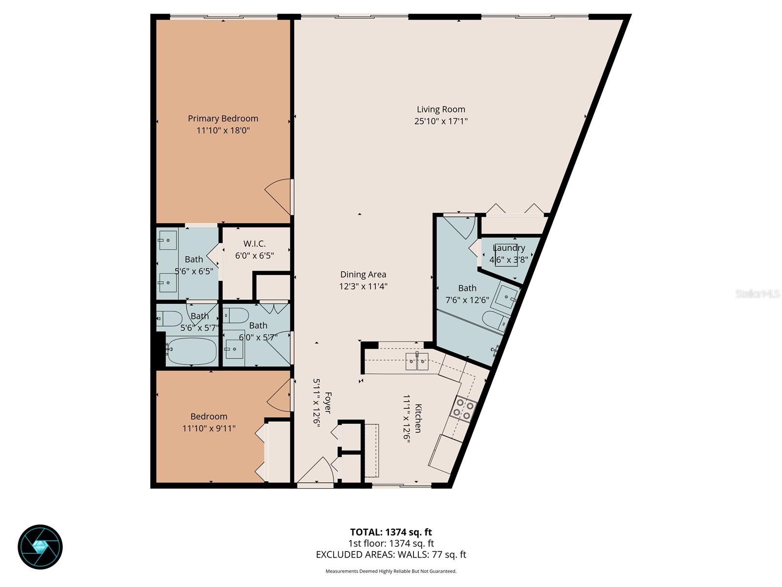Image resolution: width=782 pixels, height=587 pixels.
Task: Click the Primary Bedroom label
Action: coord(223,118)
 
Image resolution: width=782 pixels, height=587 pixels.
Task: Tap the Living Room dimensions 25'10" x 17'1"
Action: coord(441,121)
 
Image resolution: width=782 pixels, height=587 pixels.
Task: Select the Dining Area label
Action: coord(363,274)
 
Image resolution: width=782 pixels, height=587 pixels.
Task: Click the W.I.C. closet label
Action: coord(254,244)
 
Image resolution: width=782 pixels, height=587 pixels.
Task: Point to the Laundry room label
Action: coord(509,248)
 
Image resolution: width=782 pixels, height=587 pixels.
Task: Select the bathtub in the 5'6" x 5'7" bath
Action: coord(191,351)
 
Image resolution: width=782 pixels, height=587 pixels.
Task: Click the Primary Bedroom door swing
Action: coord(279,196)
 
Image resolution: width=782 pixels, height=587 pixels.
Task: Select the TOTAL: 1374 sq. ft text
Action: coord(391,532)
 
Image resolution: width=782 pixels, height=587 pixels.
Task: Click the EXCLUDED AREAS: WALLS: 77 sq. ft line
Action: coord(391,555)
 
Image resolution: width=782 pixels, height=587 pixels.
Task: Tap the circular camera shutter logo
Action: coord(40,547)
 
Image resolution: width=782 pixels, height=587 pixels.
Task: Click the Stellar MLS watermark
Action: coord(757,293)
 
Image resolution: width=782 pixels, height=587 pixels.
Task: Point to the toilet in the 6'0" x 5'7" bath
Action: coord(236,316)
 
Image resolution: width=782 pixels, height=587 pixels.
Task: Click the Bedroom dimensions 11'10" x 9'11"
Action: coord(209,429)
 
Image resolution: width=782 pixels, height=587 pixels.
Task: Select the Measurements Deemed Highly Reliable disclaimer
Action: coord(391,571)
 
